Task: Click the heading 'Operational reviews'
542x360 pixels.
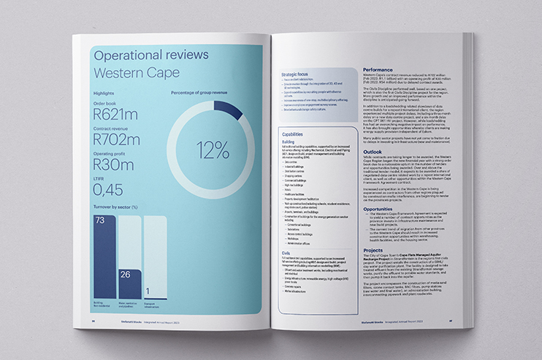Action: pyautogui.click(x=151, y=55)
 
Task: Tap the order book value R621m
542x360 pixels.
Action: pyautogui.click(x=116, y=114)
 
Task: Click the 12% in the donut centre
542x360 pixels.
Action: pyautogui.click(x=212, y=150)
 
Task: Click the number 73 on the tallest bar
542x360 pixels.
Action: pyautogui.click(x=101, y=221)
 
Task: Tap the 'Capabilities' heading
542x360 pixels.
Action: pyautogui.click(x=294, y=134)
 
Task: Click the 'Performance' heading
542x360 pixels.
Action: pyautogui.click(x=382, y=70)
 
